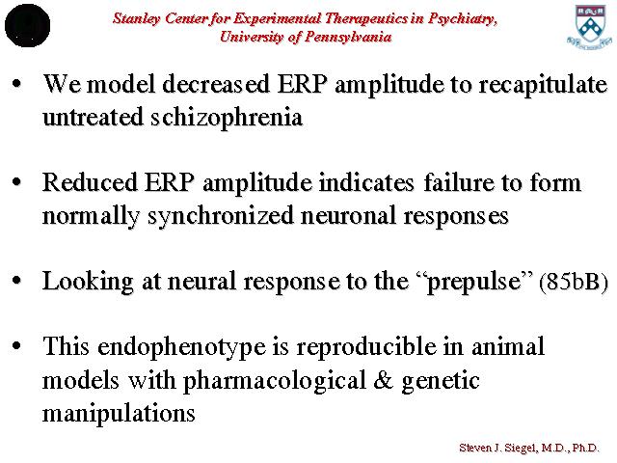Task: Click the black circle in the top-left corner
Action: (x=27, y=26)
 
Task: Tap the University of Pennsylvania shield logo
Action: (x=589, y=27)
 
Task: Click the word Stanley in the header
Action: (x=136, y=18)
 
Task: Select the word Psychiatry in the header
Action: (x=463, y=18)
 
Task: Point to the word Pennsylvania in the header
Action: (x=348, y=37)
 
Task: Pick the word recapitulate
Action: (x=543, y=85)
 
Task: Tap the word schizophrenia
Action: (x=227, y=118)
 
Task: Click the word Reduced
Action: (x=90, y=182)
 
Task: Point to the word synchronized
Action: (x=221, y=216)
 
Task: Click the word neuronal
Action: (x=348, y=216)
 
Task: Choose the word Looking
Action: (x=88, y=282)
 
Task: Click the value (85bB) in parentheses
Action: (x=574, y=282)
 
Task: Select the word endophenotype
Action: (x=182, y=347)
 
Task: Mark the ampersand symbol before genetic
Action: (x=383, y=380)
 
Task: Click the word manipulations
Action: (x=119, y=414)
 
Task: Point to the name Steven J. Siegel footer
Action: (x=499, y=448)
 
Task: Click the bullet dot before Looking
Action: (x=16, y=281)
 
